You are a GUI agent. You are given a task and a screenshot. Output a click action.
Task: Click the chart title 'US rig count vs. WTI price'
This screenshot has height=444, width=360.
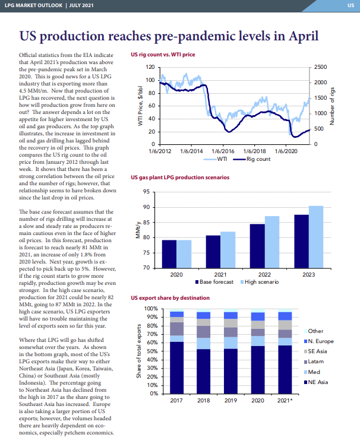point(163,55)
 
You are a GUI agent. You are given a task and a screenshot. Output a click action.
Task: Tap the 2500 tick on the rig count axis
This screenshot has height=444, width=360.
point(320,67)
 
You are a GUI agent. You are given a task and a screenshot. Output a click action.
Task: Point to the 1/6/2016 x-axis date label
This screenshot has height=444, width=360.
point(223,151)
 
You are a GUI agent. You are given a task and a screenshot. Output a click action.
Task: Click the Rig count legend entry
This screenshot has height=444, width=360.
point(252,159)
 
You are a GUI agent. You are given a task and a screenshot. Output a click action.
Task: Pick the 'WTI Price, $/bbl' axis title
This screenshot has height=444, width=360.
point(140,106)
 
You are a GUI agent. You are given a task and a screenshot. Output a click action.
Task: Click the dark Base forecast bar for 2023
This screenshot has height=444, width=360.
point(301,241)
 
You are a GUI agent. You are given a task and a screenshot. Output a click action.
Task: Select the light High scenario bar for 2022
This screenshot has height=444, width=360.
point(272,242)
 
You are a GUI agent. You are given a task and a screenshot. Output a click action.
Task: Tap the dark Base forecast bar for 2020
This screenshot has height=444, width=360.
point(169,254)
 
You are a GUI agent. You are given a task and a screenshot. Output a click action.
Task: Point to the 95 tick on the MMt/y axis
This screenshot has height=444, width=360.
point(146,192)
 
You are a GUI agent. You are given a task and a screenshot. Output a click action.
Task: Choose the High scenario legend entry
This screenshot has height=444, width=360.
point(260,282)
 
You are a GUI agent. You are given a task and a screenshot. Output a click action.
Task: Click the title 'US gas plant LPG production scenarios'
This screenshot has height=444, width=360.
point(180,177)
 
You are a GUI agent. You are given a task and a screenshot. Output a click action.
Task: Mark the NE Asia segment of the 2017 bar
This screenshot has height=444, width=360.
point(176,367)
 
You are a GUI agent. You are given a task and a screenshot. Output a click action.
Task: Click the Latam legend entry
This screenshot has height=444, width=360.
point(314,361)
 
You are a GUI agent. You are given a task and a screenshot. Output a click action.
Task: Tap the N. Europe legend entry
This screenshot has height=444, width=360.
point(318,341)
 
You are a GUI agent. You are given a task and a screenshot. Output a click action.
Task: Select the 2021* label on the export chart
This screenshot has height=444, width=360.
point(285,401)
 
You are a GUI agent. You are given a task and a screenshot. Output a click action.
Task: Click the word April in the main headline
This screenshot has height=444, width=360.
point(304,36)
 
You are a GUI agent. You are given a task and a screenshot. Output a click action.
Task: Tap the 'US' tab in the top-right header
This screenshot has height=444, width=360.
point(350,5)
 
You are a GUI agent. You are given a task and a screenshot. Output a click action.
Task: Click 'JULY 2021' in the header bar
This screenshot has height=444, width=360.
point(81,5)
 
